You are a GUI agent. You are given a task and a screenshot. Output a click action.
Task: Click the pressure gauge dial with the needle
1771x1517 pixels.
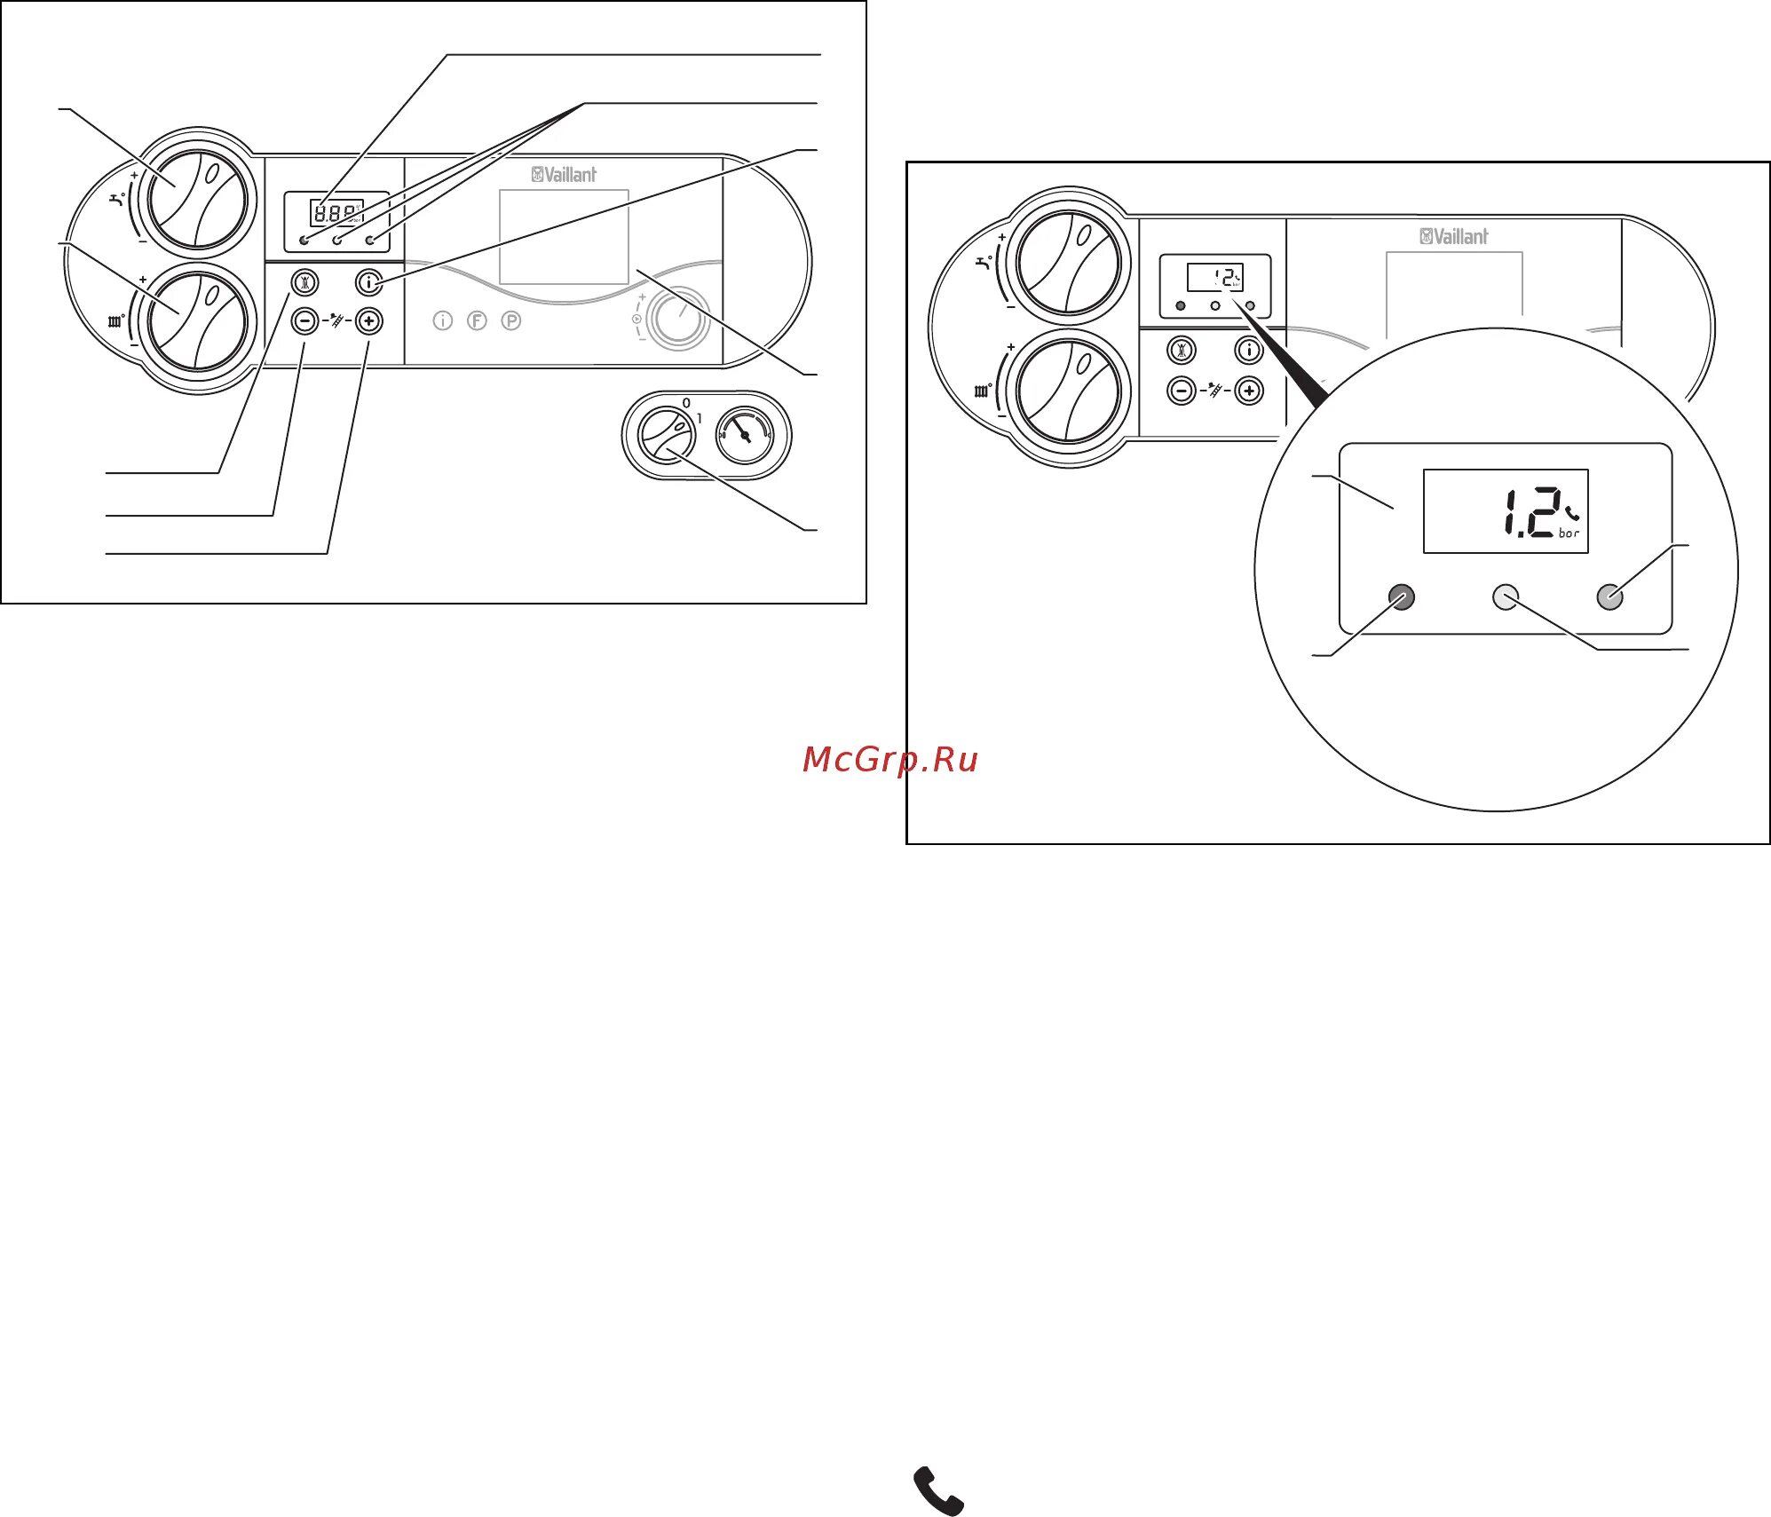click(x=745, y=435)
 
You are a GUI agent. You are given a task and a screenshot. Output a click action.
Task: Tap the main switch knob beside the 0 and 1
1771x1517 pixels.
click(x=666, y=436)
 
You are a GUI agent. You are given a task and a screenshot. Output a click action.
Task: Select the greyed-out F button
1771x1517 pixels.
click(x=477, y=320)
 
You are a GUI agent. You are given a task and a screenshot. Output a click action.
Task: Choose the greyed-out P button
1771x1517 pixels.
click(x=510, y=320)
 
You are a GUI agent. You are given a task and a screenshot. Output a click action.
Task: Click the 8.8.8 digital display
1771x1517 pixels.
click(x=336, y=213)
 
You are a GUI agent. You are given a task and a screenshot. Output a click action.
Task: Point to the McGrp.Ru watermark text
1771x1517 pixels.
click(x=889, y=760)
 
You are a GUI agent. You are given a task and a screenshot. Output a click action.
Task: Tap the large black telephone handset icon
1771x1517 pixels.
click(x=938, y=1490)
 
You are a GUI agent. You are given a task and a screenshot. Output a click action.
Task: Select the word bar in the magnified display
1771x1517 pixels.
click(x=1569, y=533)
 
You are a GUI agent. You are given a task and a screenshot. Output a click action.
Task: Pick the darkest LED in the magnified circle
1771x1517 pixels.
click(x=1401, y=597)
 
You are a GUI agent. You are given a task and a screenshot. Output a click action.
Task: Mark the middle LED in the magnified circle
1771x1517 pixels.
click(x=1506, y=597)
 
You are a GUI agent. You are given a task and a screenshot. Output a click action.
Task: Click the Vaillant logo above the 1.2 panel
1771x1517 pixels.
click(x=1453, y=236)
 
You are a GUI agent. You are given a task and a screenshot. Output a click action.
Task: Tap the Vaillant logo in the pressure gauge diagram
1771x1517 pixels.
click(x=564, y=175)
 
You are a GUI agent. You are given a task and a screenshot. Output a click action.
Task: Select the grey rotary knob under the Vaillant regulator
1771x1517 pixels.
click(x=678, y=318)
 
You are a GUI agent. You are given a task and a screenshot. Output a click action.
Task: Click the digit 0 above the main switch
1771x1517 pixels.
click(x=686, y=403)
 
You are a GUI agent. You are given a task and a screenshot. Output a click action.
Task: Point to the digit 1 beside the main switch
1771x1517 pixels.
click(x=700, y=418)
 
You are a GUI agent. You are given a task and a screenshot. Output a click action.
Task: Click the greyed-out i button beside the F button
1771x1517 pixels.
click(x=443, y=320)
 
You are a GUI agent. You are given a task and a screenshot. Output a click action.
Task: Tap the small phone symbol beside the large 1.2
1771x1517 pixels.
click(x=1572, y=512)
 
